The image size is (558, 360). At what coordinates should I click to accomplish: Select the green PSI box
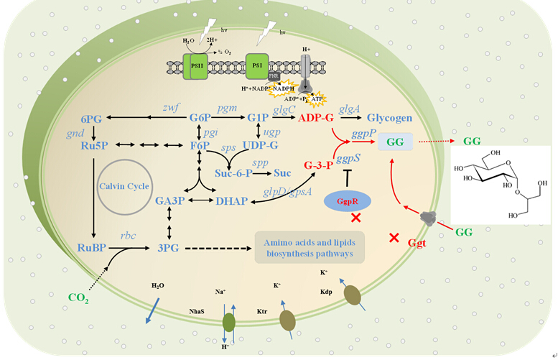pos(257,65)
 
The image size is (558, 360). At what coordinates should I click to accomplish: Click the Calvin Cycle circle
pos(125,186)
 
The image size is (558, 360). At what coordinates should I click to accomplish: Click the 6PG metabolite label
pos(95,118)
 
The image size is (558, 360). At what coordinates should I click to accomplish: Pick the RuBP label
pos(95,248)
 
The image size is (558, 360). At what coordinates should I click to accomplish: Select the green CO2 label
pos(78,297)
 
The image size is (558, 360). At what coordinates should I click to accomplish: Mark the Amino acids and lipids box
pos(310,247)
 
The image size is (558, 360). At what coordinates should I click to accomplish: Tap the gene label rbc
pos(128,235)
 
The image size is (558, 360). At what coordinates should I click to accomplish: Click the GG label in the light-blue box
pos(395,143)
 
